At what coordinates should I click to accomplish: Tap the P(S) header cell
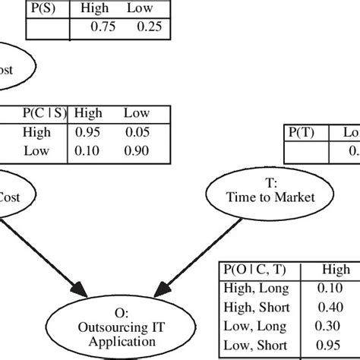(x=47, y=10)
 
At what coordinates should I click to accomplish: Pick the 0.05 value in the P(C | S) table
(x=137, y=133)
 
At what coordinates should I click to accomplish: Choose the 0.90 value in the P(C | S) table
(x=137, y=150)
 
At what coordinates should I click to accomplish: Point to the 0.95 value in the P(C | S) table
(x=88, y=133)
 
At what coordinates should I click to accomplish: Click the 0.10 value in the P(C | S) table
(x=88, y=150)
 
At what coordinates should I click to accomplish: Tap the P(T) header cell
(x=302, y=132)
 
